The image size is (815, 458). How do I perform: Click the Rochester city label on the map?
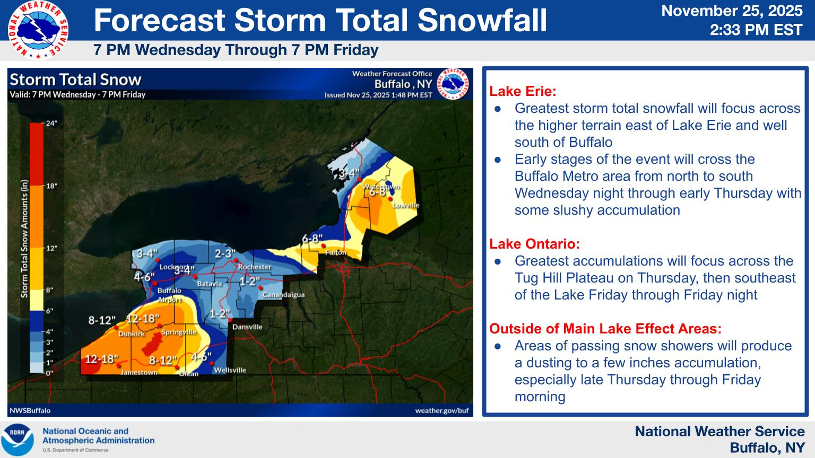coord(255,267)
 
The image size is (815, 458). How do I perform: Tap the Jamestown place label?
coord(139,372)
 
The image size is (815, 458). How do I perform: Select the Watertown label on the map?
coord(381,187)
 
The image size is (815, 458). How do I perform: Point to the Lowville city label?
coord(406,205)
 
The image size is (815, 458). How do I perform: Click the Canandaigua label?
coord(283,294)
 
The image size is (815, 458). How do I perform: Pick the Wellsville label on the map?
coord(230,370)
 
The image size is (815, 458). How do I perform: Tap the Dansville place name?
coord(247,327)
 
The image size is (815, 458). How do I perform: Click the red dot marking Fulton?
coord(323,246)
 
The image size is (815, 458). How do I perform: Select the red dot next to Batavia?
coord(195,277)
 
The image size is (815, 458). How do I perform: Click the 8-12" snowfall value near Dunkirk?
coord(102,320)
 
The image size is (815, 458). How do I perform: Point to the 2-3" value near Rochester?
coord(225,253)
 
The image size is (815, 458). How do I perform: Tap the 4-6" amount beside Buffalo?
coord(144,277)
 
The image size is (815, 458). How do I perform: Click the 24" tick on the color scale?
coord(51,123)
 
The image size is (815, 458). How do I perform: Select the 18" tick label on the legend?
coord(51,186)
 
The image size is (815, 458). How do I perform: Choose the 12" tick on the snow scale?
coord(51,248)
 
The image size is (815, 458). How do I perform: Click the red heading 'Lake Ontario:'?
coord(534,244)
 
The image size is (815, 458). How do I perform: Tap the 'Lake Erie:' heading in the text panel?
coord(523,91)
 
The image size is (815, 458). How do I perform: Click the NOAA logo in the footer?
coord(18,439)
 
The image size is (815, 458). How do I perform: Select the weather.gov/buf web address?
coord(441,411)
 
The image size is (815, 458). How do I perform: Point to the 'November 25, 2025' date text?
coord(732,11)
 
